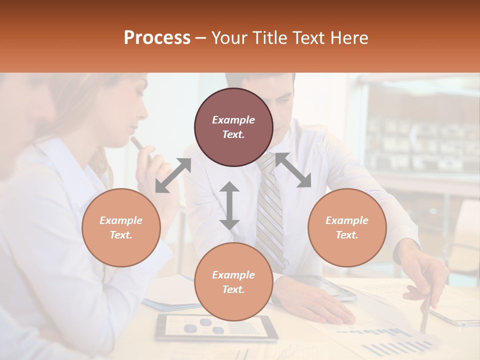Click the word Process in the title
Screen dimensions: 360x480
(157, 38)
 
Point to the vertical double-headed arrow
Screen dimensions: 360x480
(229, 205)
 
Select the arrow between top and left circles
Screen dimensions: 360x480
(173, 175)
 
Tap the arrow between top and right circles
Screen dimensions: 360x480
(293, 170)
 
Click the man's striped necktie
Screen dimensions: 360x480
(270, 210)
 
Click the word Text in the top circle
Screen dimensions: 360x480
(233, 134)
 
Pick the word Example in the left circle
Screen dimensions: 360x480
(121, 220)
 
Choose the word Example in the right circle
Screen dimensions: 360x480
(347, 220)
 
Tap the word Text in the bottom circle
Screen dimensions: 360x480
(233, 289)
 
